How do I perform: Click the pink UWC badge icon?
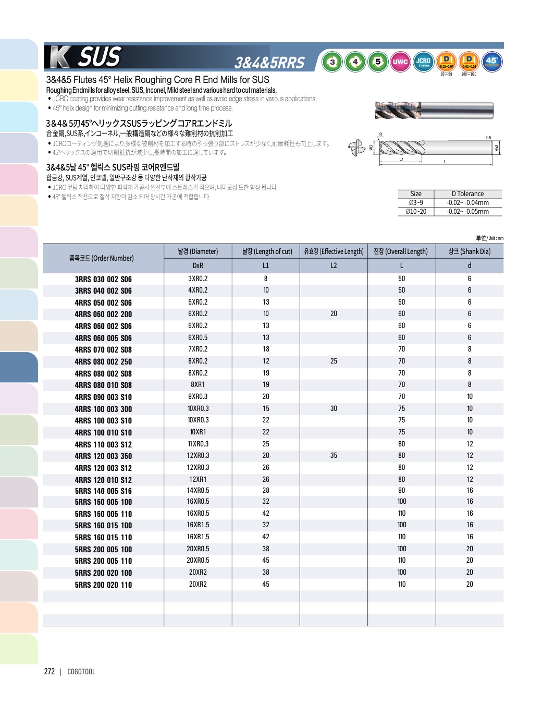(x=400, y=62)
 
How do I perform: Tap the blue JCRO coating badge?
(x=423, y=62)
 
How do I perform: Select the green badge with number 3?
(x=332, y=62)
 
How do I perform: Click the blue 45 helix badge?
(x=491, y=62)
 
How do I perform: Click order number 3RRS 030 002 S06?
(x=103, y=280)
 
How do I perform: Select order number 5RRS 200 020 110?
(x=103, y=585)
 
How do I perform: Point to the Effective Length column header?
(x=334, y=251)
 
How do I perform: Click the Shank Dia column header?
(x=469, y=251)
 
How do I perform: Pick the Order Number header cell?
(x=102, y=258)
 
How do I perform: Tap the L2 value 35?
(x=334, y=456)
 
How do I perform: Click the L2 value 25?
(x=334, y=361)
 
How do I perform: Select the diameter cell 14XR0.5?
(x=198, y=490)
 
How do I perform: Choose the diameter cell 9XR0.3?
(x=198, y=396)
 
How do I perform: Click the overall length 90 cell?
(x=401, y=490)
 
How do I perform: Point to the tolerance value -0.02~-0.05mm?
(x=467, y=212)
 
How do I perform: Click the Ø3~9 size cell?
(x=416, y=203)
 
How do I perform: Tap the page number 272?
(x=50, y=672)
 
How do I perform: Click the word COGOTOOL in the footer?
(x=81, y=672)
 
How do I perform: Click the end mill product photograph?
(x=434, y=111)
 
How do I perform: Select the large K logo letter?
(x=60, y=57)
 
